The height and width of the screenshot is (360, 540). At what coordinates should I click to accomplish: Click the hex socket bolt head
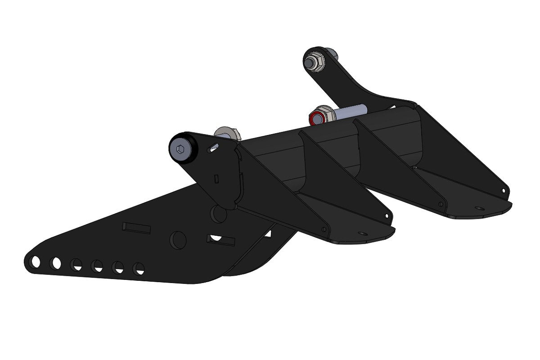[x=181, y=148]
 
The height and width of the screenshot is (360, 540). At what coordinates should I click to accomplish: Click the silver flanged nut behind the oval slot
[x=226, y=133]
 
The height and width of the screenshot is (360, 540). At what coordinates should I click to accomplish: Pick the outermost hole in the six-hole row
[x=36, y=261]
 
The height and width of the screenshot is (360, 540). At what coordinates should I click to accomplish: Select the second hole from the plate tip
[x=56, y=262]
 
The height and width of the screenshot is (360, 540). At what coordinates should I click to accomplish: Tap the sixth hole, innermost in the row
[x=139, y=269]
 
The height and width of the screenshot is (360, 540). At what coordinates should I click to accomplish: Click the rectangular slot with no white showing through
[x=136, y=228]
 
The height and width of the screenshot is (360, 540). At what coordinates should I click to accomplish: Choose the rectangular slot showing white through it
[x=221, y=239]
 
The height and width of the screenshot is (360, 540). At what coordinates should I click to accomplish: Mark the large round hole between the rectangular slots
[x=178, y=240]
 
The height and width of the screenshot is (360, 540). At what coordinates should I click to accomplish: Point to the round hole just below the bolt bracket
[x=220, y=215]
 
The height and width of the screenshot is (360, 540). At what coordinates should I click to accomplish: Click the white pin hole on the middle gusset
[x=386, y=216]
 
